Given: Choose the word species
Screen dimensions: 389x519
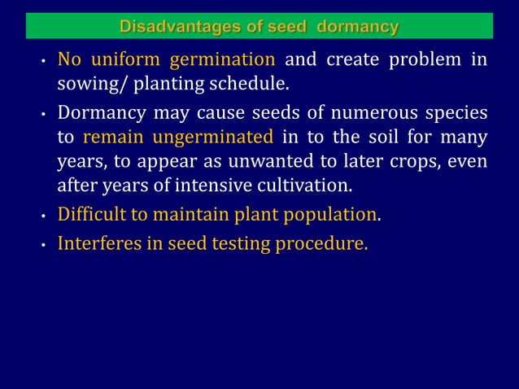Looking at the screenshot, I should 454,112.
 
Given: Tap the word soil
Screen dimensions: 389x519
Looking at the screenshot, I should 360,137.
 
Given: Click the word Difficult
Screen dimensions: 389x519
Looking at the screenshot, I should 90,216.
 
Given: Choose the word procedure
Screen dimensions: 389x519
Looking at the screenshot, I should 319,245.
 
